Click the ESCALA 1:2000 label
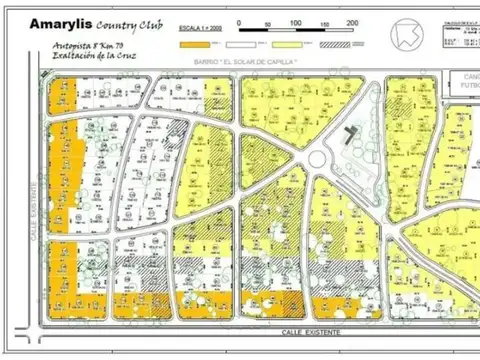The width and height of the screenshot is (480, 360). click(x=199, y=31)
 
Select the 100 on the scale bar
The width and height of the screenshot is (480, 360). click(x=295, y=22)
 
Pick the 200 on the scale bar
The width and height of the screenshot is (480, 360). click(x=352, y=22)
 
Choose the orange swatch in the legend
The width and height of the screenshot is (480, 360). click(x=192, y=44)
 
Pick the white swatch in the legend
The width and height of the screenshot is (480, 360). click(x=237, y=44)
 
